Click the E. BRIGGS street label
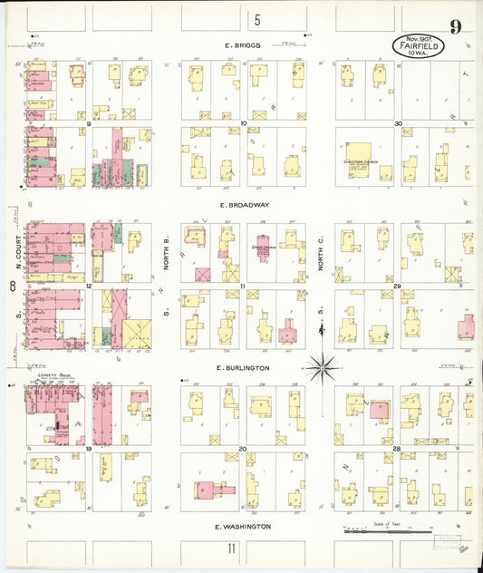pyautogui.click(x=243, y=44)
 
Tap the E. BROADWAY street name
pyautogui.click(x=243, y=205)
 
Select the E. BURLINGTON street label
pyautogui.click(x=243, y=368)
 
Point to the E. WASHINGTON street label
pyautogui.click(x=243, y=526)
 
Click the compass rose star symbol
pyautogui.click(x=322, y=368)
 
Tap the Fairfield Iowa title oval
pyautogui.click(x=417, y=44)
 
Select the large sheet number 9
pyautogui.click(x=456, y=26)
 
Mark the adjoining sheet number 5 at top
pyautogui.click(x=257, y=20)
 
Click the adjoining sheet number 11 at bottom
pyautogui.click(x=232, y=549)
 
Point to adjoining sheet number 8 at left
pyautogui.click(x=12, y=286)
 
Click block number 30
pyautogui.click(x=398, y=123)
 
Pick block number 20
pyautogui.click(x=243, y=449)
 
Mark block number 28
pyautogui.click(x=397, y=449)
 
